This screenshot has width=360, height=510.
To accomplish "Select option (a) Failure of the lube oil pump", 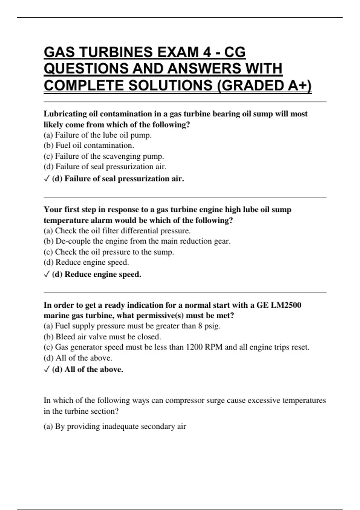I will click(x=97, y=135).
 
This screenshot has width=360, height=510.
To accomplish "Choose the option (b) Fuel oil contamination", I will click(x=89, y=145).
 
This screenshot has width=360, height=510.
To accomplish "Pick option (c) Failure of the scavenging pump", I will click(x=104, y=156).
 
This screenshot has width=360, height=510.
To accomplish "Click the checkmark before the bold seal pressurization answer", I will click(x=46, y=179).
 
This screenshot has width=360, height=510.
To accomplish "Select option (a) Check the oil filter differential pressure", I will click(x=117, y=231).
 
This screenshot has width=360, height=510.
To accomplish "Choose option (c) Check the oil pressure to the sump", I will click(x=109, y=252).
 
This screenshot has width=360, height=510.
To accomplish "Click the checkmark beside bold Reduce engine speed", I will click(x=46, y=274).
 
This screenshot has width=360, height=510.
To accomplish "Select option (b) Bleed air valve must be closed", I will click(x=102, y=337).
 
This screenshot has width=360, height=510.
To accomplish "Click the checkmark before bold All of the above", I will click(x=46, y=370).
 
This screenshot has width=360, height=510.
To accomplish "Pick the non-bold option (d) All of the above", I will click(x=78, y=358).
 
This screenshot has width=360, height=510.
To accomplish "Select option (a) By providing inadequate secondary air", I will click(x=115, y=427).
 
